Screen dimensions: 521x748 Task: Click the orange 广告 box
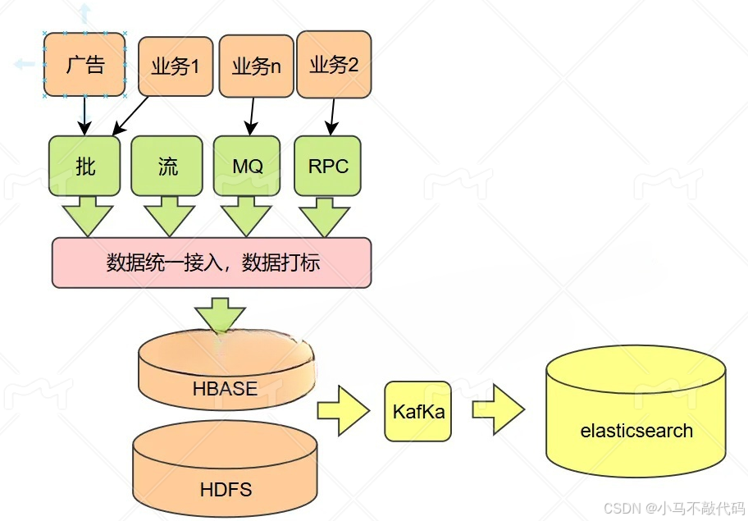point(84,65)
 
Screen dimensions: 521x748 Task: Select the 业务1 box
point(175,66)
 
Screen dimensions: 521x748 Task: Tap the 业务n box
point(256,66)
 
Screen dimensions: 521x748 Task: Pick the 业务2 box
point(333,64)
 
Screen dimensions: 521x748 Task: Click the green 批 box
point(84,167)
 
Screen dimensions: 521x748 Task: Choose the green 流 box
point(167,167)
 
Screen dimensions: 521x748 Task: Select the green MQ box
point(247,167)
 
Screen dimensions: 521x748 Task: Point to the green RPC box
point(328,167)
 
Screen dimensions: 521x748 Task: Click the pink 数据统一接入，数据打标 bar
point(212,263)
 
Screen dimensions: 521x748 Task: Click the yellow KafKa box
point(418,411)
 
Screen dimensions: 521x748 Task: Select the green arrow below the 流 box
point(169,215)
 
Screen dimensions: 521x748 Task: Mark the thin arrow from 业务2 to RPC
point(332,116)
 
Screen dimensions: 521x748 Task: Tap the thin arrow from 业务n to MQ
point(251,116)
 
